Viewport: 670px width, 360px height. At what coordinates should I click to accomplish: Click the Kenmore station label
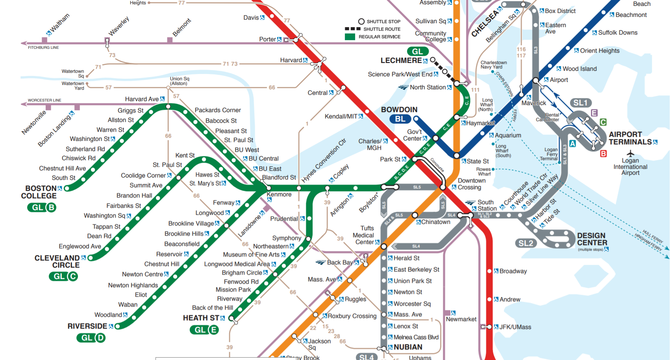coord(279,194)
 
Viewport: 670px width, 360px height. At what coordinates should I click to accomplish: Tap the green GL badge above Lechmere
coord(417,52)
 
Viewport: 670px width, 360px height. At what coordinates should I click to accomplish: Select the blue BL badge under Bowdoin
coord(400,119)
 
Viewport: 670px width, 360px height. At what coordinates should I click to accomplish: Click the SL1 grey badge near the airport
coord(580,103)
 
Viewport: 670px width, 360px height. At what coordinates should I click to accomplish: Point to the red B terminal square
coord(603,154)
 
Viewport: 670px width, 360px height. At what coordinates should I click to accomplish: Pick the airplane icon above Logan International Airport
coord(630,153)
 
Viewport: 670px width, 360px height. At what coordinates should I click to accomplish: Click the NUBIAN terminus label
coord(408,347)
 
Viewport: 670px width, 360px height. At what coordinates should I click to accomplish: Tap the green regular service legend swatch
coord(350,37)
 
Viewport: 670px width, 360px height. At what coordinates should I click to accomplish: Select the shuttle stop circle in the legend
coord(361,22)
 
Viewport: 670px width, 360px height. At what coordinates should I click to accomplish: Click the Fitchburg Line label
coord(43,48)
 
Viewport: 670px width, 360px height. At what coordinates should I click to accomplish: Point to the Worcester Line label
coord(44,100)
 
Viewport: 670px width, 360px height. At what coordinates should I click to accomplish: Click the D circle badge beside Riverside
coord(100,338)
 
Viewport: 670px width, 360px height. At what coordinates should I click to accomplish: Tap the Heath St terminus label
coord(201,318)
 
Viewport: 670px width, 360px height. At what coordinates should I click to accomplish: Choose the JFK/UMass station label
coord(515,327)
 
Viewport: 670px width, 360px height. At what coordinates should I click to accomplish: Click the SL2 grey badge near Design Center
coord(526,243)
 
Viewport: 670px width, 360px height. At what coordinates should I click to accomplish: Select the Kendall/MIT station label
coord(341,116)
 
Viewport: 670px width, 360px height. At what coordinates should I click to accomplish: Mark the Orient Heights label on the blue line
coord(600,51)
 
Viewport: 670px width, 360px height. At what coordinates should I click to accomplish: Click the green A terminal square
coord(572,144)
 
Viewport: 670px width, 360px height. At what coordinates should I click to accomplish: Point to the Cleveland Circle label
coord(57,262)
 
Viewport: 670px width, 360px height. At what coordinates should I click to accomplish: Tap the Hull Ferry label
coord(653,236)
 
